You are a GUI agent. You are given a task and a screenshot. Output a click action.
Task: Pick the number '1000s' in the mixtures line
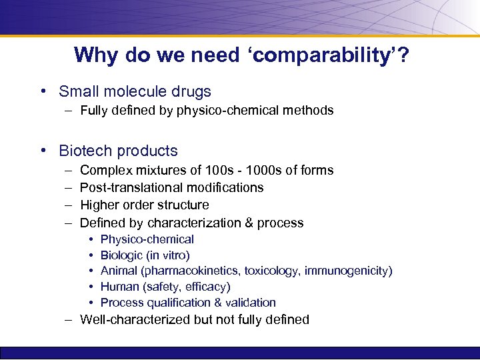click(x=266, y=170)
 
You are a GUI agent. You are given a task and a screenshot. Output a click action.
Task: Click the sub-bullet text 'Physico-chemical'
click(x=147, y=239)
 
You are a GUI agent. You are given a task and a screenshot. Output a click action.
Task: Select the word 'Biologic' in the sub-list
click(x=123, y=255)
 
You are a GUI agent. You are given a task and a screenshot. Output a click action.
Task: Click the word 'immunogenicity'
click(x=351, y=271)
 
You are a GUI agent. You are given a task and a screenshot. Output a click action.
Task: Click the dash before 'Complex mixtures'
click(x=69, y=170)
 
